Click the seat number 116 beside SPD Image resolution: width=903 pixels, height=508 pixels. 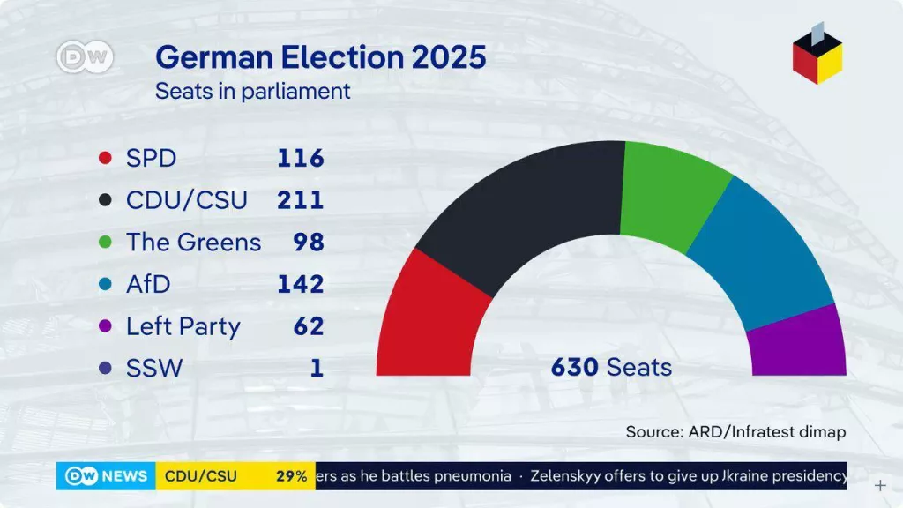[301, 159]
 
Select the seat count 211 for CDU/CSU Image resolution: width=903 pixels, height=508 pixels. [301, 200]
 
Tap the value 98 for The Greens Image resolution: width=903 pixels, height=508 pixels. [309, 242]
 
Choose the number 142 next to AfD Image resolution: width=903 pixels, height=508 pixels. [301, 284]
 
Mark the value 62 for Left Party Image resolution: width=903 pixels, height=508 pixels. [309, 326]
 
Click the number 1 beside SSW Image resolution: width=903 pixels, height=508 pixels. [317, 368]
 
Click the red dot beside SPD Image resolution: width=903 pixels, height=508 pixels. [106, 159]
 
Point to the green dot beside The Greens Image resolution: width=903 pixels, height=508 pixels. [106, 243]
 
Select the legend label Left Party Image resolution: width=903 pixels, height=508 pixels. [183, 326]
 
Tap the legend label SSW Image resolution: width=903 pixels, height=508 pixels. [154, 368]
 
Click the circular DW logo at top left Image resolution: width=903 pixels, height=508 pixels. [85, 58]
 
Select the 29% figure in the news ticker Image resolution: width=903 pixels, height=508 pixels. [291, 476]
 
